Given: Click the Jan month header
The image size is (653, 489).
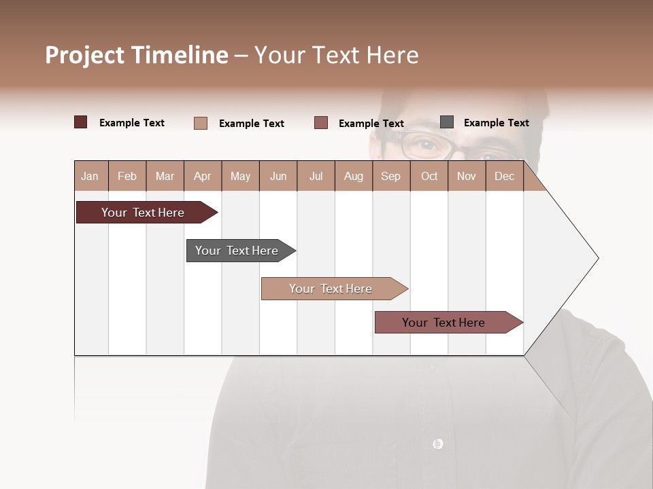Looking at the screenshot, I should (90, 176).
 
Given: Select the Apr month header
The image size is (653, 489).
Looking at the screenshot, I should (203, 176).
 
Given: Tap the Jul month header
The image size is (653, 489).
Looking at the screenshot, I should (316, 176).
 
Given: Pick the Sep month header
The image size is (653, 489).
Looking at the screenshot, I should (390, 176).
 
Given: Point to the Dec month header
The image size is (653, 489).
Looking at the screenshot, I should (504, 176).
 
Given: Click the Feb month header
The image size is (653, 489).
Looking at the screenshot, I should (127, 176).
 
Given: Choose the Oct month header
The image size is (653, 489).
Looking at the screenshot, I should (429, 176).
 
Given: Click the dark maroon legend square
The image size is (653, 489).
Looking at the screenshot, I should (81, 122).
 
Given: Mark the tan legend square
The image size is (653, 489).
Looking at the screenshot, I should (201, 123).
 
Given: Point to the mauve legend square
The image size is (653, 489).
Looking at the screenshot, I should (321, 123).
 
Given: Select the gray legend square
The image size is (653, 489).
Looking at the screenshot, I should (447, 122).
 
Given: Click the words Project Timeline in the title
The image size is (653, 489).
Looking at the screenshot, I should (137, 55).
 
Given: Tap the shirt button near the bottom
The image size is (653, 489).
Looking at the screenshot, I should (437, 443).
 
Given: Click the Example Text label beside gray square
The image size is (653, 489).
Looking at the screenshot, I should (496, 123).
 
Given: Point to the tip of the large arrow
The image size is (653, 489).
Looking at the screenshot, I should (597, 258).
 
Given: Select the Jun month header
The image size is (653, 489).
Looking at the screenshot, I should (278, 176).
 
